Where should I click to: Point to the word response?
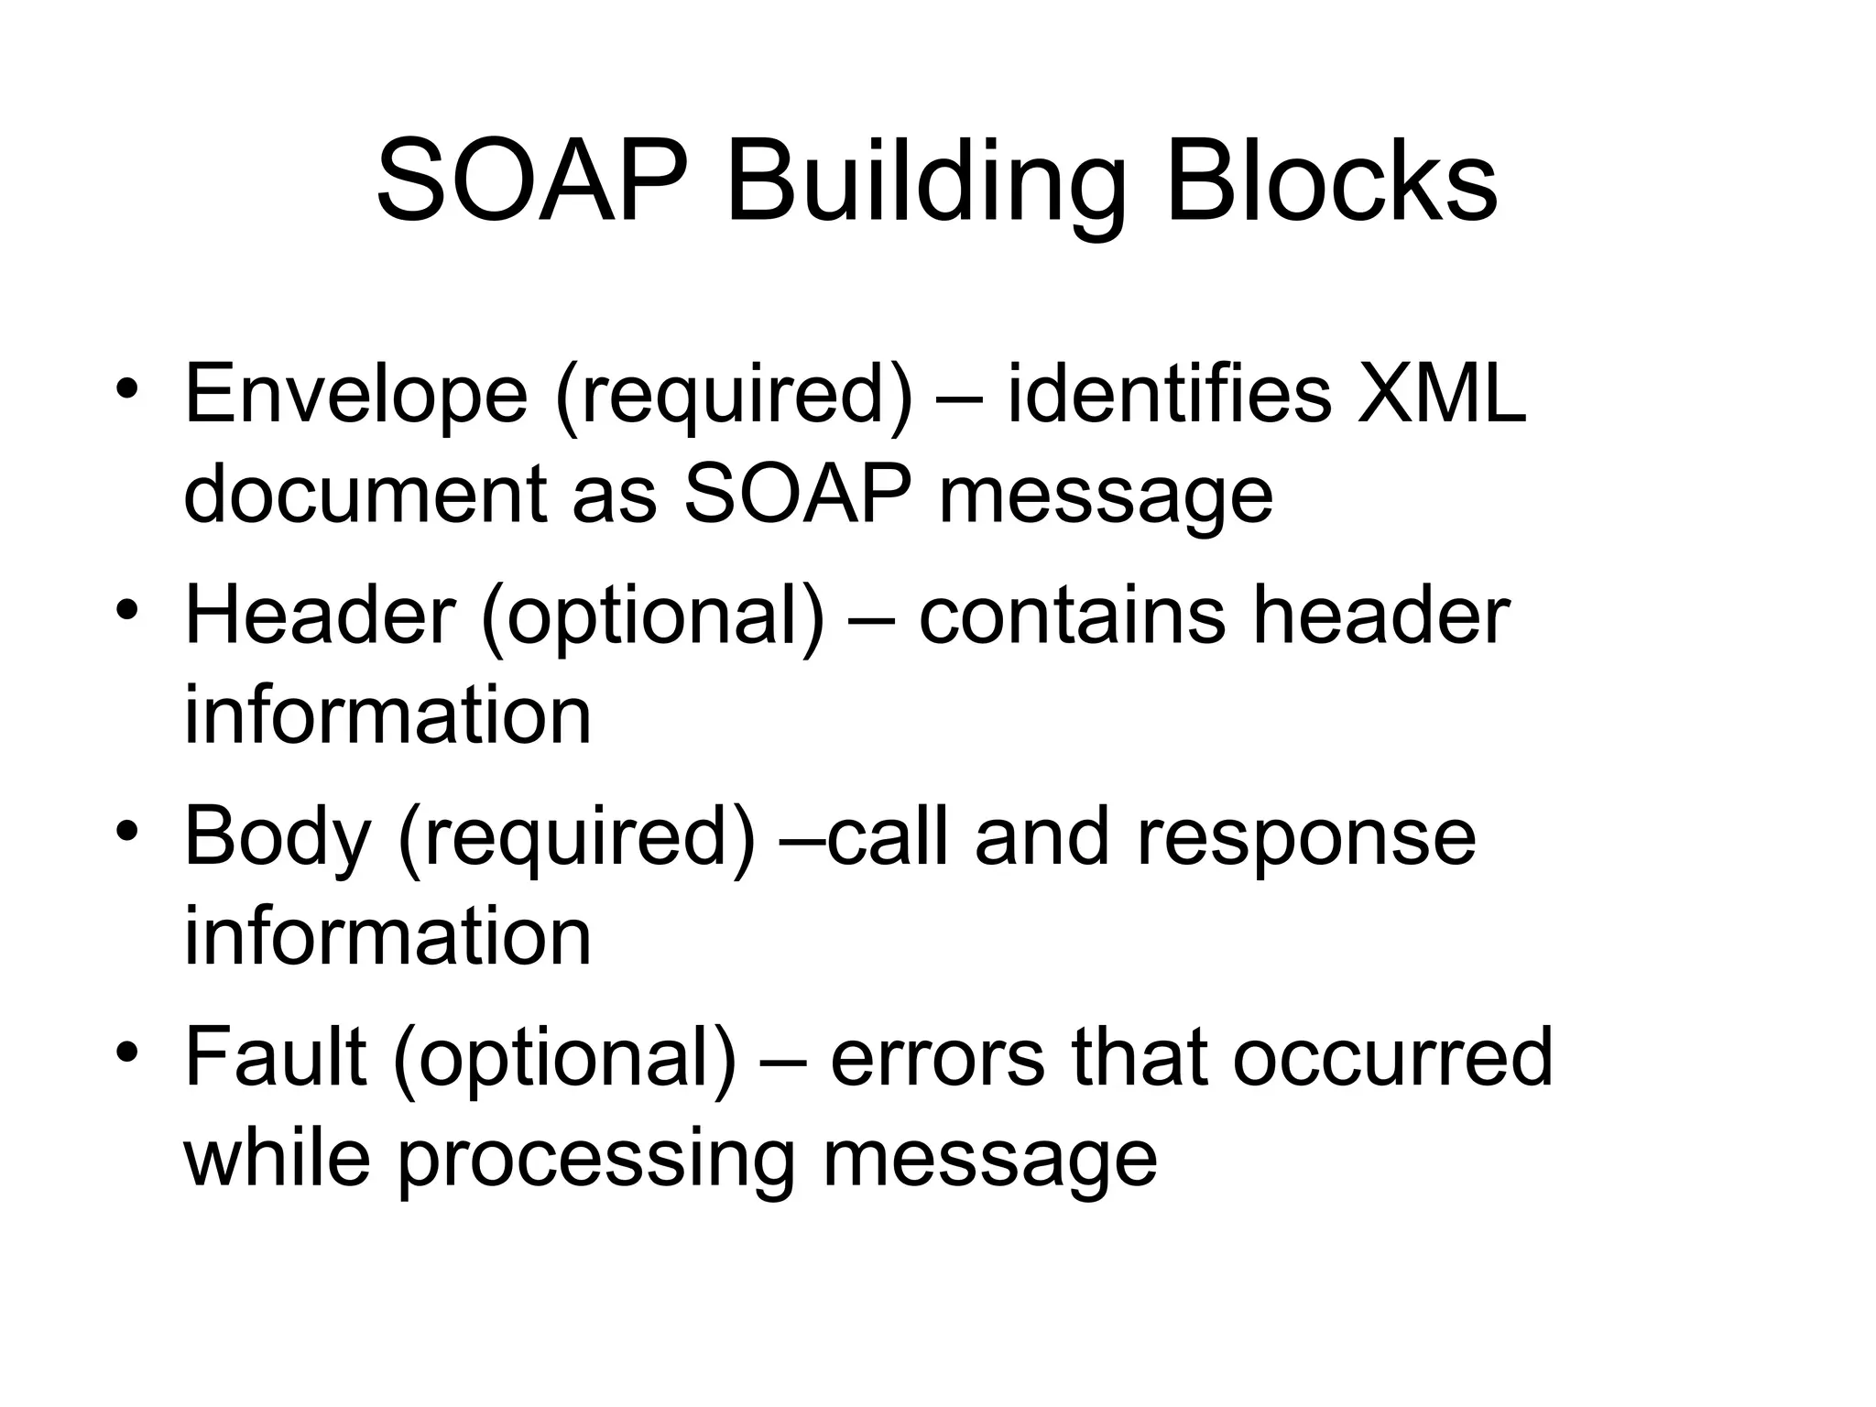click(1306, 838)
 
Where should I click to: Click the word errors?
click(937, 1058)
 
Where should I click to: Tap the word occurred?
click(1392, 1058)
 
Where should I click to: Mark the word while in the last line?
click(278, 1158)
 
